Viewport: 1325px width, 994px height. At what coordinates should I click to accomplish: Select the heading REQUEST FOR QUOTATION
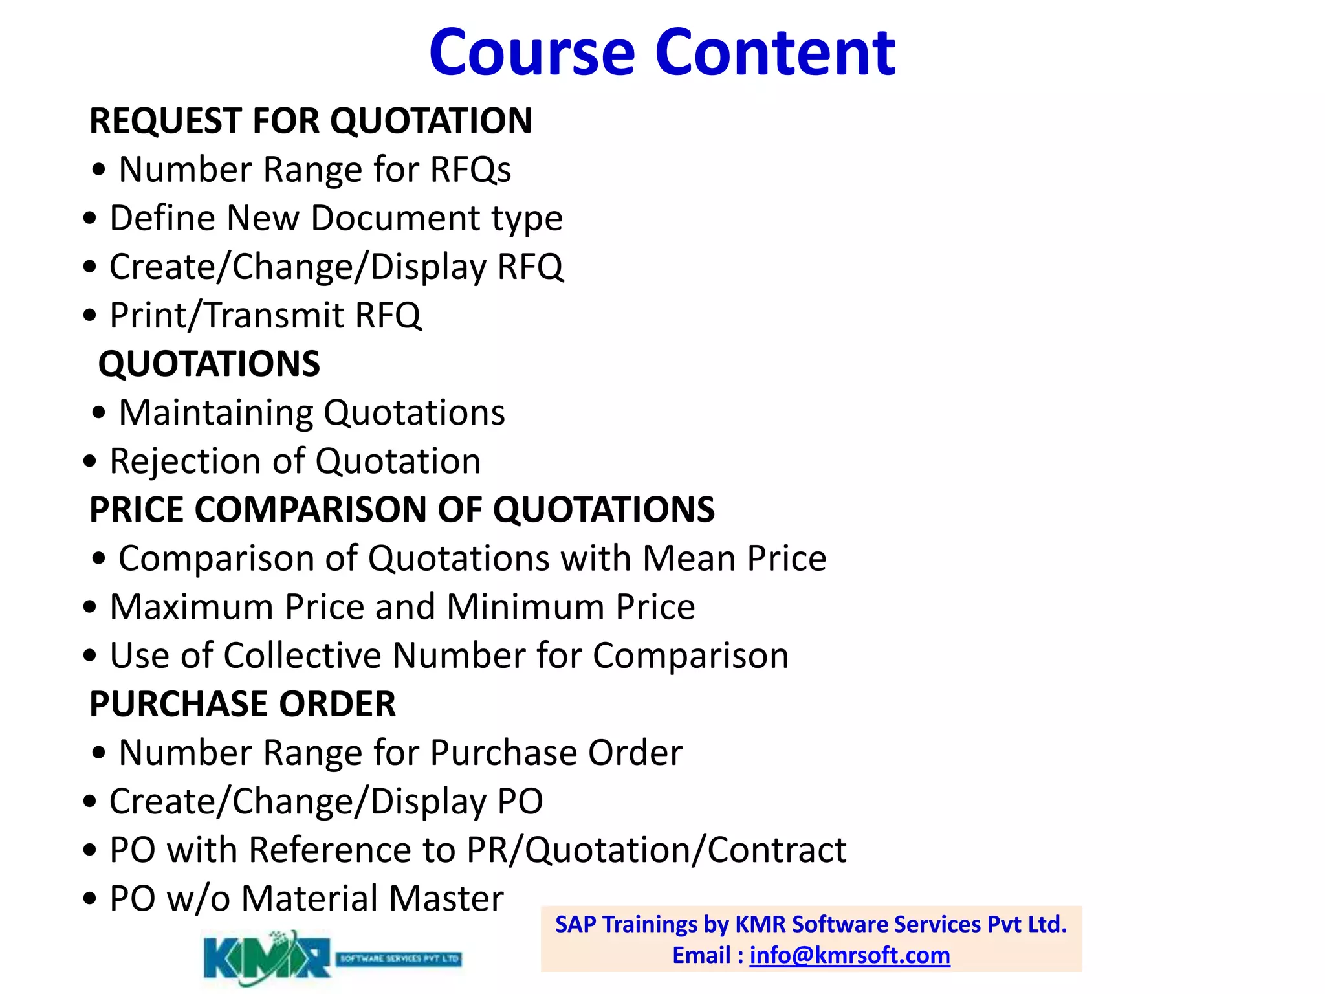pos(311,121)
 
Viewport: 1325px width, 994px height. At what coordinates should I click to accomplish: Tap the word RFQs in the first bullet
pos(470,170)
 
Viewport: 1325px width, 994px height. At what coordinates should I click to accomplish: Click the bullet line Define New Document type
pos(336,218)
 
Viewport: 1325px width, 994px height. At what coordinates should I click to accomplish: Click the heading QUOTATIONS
pos(209,364)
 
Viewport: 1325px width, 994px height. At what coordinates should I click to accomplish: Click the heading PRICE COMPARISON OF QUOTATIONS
pos(402,510)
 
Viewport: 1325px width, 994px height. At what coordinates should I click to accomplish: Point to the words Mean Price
pos(734,558)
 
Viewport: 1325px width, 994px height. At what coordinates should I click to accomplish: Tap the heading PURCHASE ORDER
pos(243,704)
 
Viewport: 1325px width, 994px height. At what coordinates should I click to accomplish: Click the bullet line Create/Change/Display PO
pos(325,802)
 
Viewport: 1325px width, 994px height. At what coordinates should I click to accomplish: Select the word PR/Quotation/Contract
pos(656,850)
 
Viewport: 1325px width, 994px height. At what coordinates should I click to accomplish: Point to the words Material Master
pos(372,899)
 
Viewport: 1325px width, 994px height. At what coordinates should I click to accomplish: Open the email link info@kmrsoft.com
pos(849,955)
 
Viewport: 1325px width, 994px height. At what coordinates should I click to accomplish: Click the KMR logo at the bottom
pos(267,958)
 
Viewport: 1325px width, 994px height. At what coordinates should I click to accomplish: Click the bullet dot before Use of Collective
pos(90,656)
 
